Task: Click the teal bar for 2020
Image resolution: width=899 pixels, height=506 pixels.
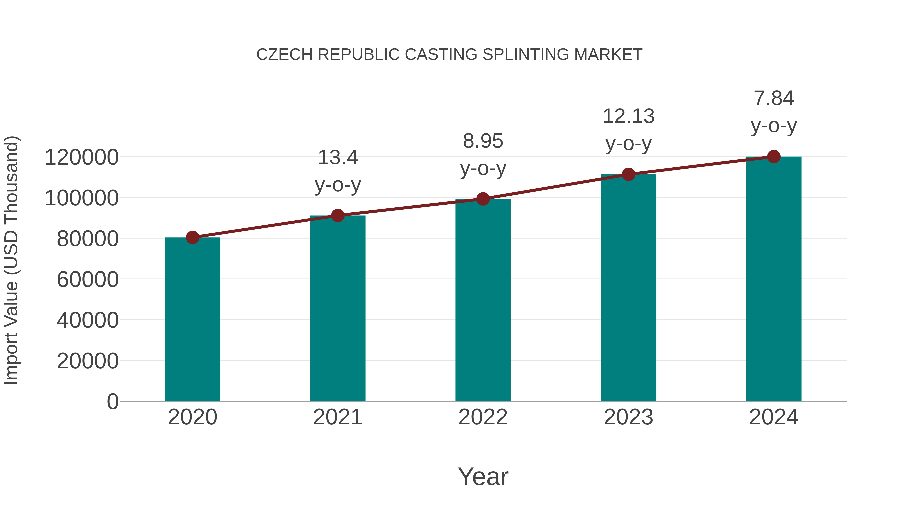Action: click(192, 320)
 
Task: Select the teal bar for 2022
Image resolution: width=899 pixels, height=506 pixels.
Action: click(483, 300)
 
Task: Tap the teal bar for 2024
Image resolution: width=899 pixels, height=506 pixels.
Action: click(774, 279)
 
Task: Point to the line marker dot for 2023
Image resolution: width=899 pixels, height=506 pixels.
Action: click(629, 174)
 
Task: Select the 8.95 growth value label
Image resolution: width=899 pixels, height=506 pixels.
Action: click(483, 141)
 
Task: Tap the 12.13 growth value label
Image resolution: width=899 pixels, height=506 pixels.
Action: click(629, 116)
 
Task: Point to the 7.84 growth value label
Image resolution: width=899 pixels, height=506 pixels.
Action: click(774, 98)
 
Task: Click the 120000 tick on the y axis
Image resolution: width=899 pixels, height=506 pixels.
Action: click(82, 157)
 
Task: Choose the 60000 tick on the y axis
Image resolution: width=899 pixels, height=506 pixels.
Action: click(88, 280)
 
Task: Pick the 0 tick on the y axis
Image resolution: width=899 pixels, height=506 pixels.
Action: click(112, 402)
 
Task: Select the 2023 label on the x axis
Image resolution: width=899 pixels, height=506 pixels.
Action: click(629, 417)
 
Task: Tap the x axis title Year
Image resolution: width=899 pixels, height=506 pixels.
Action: click(483, 477)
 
